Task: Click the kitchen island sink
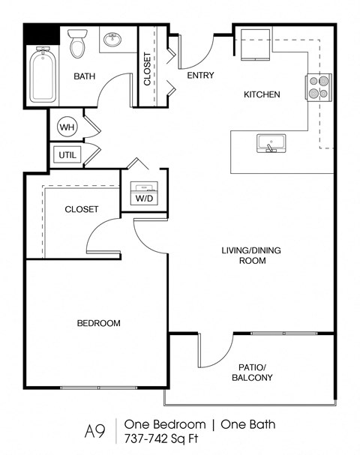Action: (x=267, y=143)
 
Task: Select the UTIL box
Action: (x=65, y=155)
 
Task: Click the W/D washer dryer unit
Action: (x=143, y=194)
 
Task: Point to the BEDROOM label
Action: (x=99, y=323)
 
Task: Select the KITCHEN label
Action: (x=262, y=94)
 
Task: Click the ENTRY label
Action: (x=200, y=75)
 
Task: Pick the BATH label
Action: (x=85, y=76)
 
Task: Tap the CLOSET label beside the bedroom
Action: (x=81, y=209)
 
